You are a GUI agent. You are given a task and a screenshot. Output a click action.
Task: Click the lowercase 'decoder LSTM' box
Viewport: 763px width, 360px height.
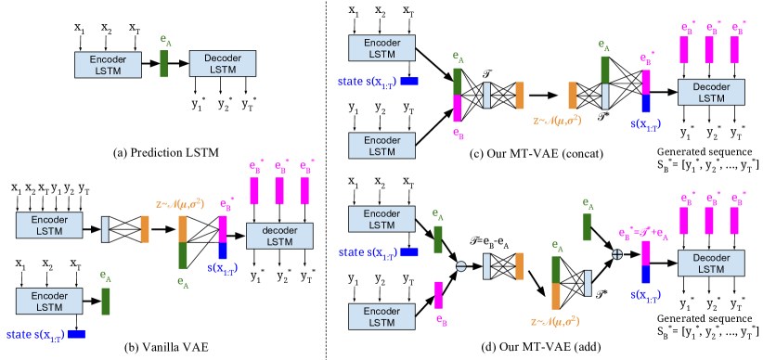[279, 236]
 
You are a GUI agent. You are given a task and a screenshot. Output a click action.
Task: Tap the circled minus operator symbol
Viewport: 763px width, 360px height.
[460, 266]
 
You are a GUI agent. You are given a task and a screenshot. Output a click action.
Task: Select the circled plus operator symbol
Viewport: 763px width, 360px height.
[616, 253]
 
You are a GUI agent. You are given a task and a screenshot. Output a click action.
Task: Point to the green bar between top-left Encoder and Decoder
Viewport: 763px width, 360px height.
[163, 64]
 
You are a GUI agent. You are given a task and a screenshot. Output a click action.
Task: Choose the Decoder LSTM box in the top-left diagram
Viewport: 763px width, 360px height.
[222, 63]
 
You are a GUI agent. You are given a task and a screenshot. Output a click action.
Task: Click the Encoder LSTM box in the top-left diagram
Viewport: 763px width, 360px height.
[108, 64]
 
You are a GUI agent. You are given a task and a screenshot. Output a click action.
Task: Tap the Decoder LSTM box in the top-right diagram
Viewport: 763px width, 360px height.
[711, 92]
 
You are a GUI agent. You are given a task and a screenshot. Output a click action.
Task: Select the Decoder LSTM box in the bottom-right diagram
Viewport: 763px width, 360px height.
[711, 263]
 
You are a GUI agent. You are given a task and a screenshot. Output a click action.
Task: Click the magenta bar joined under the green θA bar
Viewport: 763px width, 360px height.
[457, 109]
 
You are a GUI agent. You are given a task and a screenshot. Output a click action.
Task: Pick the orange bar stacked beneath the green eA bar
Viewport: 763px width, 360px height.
[556, 296]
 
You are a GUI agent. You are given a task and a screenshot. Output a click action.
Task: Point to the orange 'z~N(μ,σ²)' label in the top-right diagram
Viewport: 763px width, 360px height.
[557, 121]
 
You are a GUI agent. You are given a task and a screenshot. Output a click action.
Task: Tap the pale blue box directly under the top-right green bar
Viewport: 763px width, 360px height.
[605, 96]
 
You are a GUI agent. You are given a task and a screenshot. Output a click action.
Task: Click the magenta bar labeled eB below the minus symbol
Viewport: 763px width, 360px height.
[438, 295]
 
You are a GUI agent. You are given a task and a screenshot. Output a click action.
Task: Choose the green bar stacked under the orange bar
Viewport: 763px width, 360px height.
[183, 255]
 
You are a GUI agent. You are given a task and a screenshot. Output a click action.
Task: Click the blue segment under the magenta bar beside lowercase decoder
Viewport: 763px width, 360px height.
[223, 251]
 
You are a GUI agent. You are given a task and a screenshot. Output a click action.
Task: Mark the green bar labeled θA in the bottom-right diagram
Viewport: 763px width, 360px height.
[587, 227]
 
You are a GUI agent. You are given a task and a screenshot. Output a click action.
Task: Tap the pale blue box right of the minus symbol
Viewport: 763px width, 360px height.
[486, 266]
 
